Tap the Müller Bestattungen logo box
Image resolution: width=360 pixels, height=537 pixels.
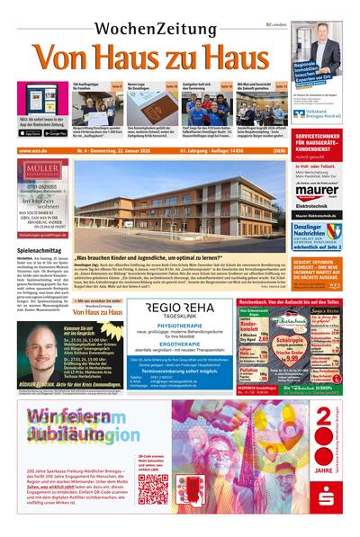point(42,172)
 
